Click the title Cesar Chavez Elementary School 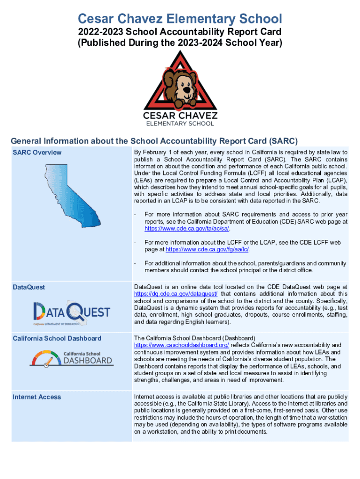click(180, 19)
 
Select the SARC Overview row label click(37, 152)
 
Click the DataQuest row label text click(29, 287)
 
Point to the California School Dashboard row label click(57, 338)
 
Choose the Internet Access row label click(36, 397)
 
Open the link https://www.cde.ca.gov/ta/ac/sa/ click(187, 229)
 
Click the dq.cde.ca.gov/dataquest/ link click(176, 294)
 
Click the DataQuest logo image click(72, 312)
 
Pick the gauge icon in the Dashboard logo click(45, 359)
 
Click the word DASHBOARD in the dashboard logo click(87, 361)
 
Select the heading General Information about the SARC click(154, 141)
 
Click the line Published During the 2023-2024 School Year click(180, 43)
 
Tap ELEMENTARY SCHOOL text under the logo click(180, 123)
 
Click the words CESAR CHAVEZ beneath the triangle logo click(180, 115)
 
